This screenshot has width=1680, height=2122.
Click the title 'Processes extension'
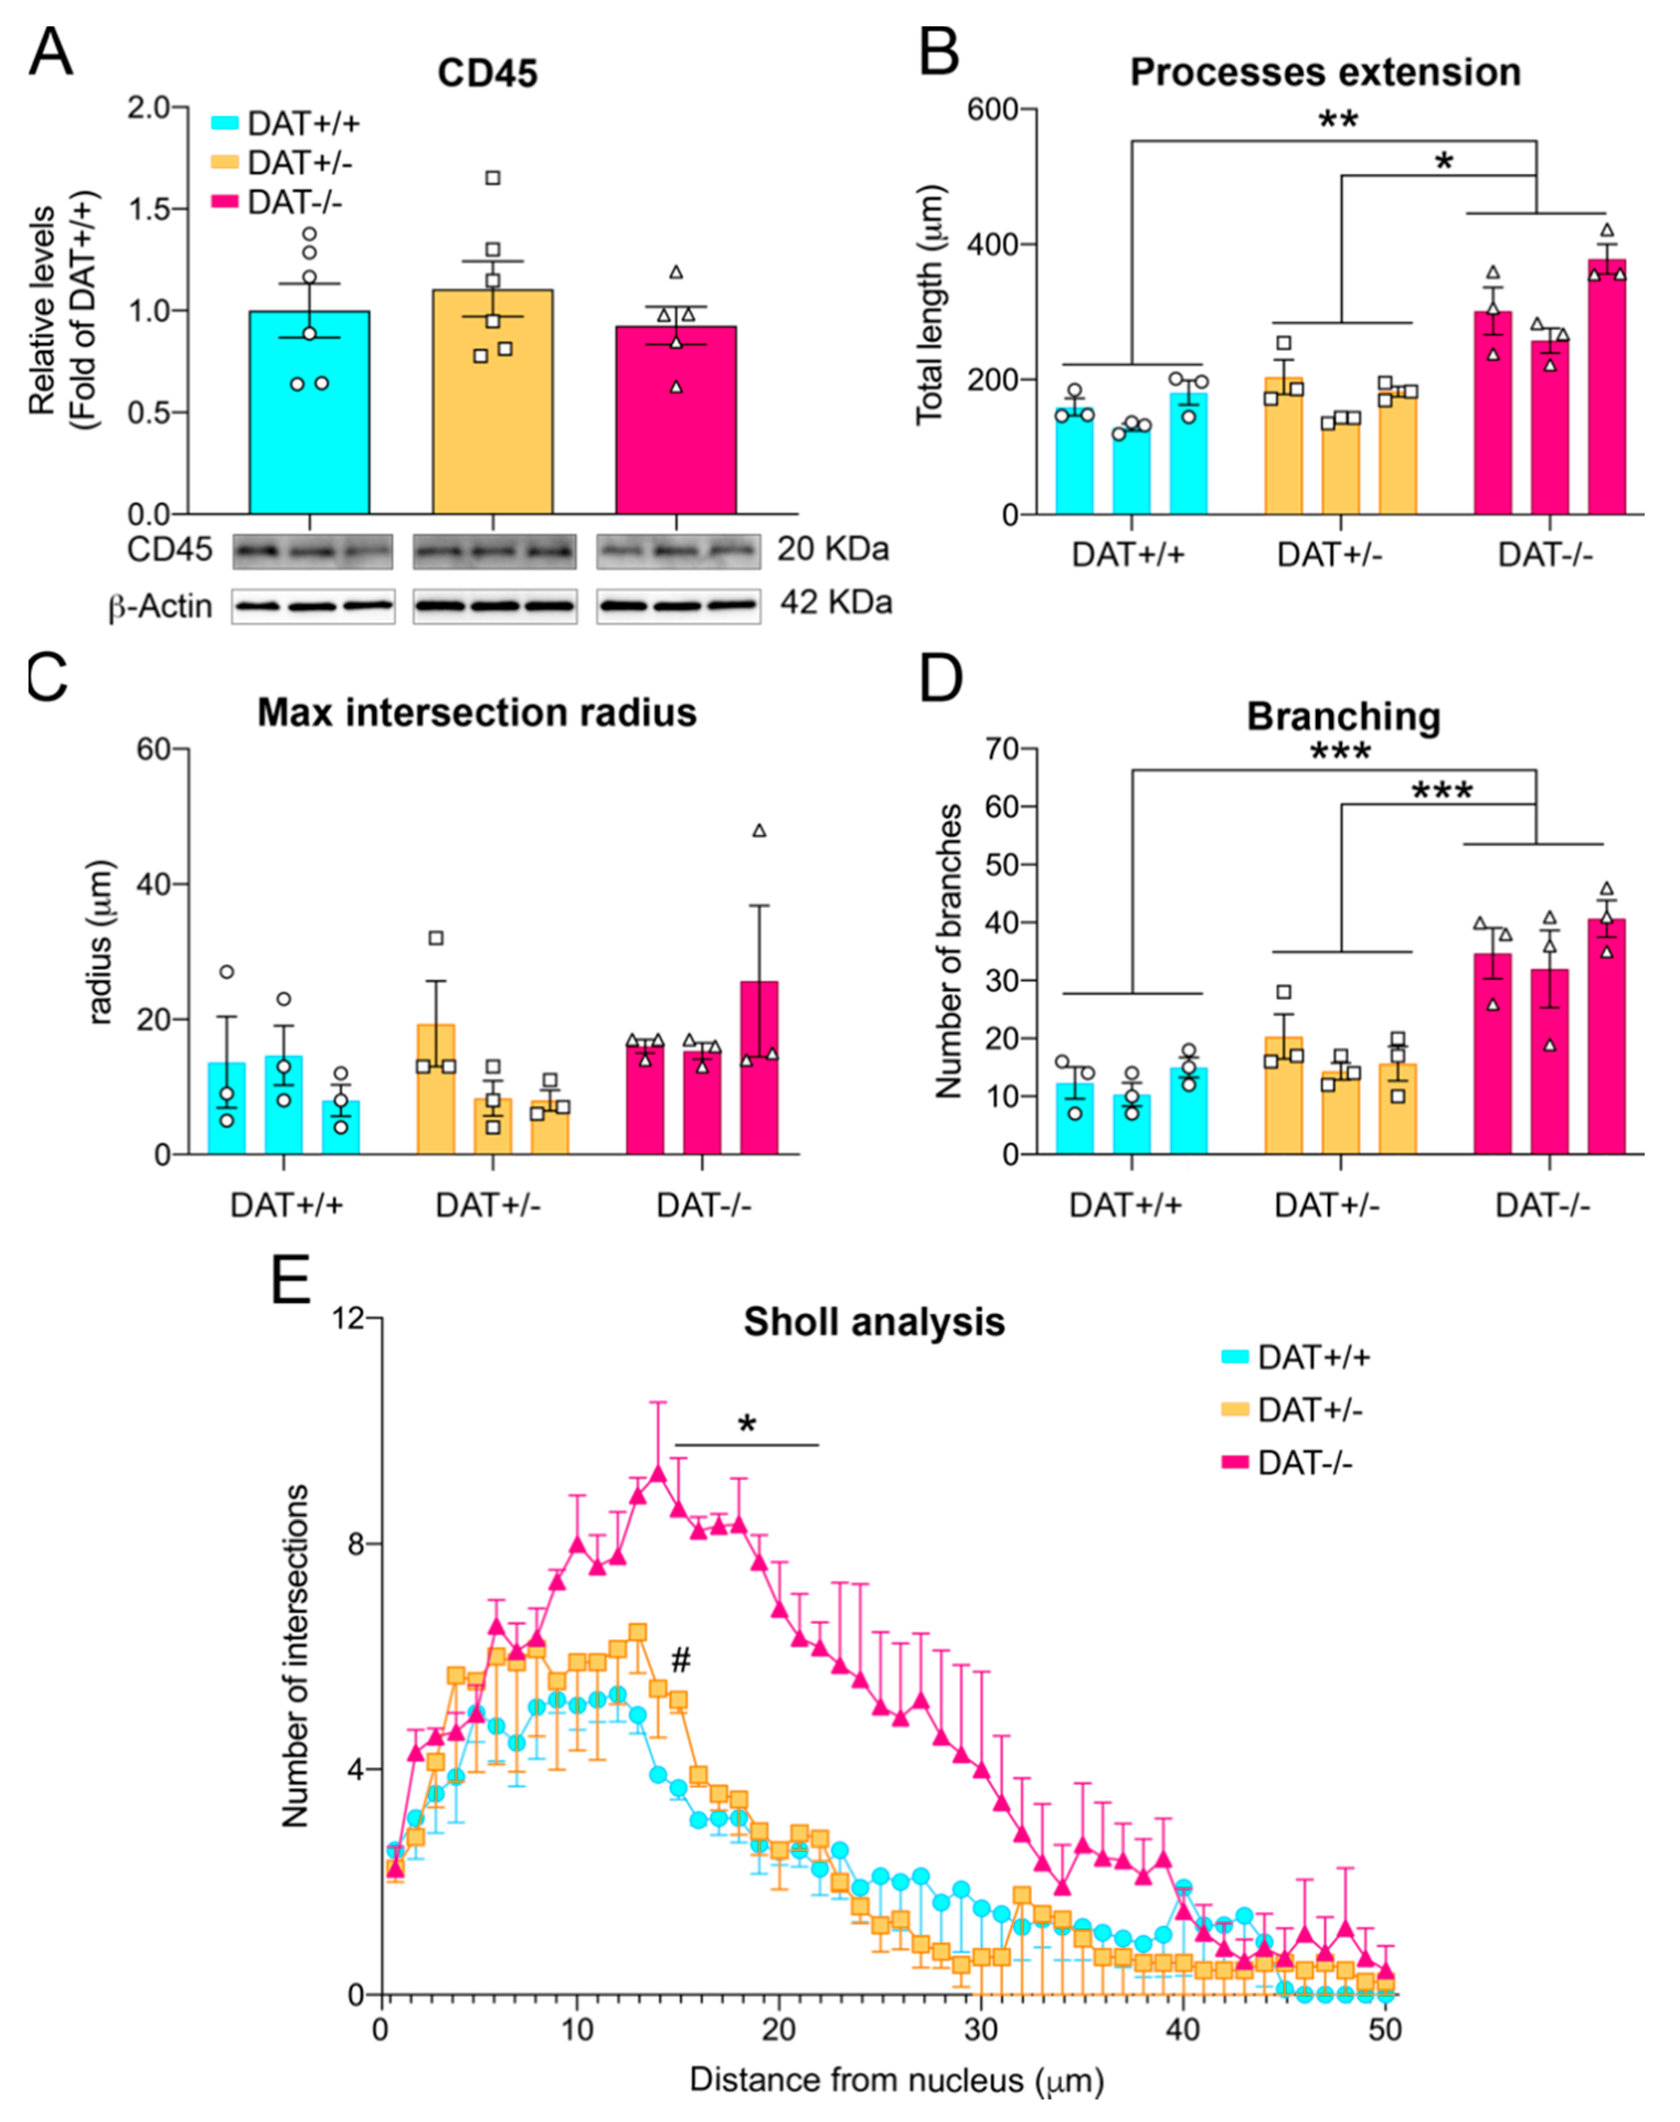1325,73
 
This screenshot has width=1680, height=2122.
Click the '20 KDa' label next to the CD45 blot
832,548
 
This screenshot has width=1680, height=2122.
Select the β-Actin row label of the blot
160,607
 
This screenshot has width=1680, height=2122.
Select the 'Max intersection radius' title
477,712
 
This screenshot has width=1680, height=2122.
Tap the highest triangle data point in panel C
758,831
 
